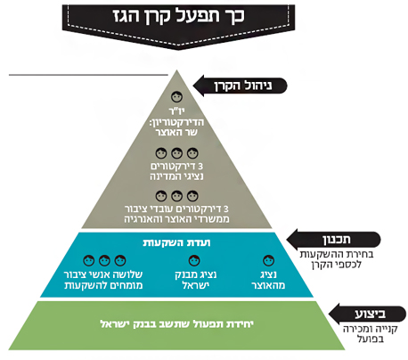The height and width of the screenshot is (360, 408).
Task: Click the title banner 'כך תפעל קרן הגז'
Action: (x=178, y=25)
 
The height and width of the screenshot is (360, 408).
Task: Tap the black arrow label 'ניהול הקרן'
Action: (x=241, y=86)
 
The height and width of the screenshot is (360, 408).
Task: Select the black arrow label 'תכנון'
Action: (x=334, y=240)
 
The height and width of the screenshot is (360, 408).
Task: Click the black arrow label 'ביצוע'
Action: (x=367, y=314)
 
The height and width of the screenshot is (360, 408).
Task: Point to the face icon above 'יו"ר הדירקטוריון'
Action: (x=177, y=97)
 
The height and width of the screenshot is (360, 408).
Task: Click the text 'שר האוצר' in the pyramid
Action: (x=176, y=132)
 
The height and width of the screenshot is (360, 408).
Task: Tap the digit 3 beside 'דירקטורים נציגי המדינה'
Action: (x=200, y=166)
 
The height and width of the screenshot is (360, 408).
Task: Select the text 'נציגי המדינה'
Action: (x=176, y=176)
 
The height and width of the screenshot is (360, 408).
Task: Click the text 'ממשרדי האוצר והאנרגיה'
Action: (x=176, y=219)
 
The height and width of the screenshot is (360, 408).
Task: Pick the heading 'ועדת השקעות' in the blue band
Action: (x=176, y=242)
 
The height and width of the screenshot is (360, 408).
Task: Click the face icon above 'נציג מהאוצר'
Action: (x=268, y=260)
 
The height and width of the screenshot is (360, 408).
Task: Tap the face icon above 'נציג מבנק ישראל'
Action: (x=194, y=260)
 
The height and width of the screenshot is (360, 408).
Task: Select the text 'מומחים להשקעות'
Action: (x=103, y=285)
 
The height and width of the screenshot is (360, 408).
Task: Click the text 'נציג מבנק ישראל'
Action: (x=196, y=280)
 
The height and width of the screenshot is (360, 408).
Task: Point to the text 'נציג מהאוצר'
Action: (x=268, y=280)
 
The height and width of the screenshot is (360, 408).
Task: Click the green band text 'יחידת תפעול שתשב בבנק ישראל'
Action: (x=177, y=323)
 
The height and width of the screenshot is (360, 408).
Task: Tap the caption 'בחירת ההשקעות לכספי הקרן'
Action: (x=337, y=259)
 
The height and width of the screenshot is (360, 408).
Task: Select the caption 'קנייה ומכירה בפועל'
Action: (x=371, y=334)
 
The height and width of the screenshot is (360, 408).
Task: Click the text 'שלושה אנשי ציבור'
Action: (x=103, y=274)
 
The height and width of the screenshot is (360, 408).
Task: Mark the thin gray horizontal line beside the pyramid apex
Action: (x=88, y=75)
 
